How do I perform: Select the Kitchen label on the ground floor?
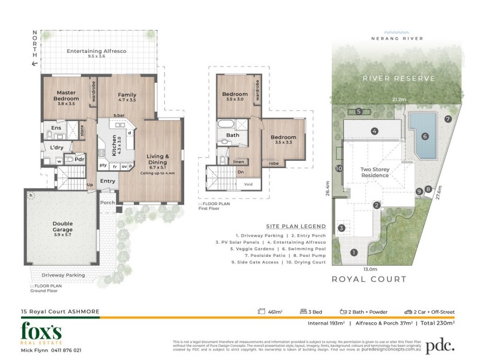pyautogui.click(x=114, y=146)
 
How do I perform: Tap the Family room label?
pyautogui.click(x=127, y=95)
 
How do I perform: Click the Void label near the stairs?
pyautogui.click(x=248, y=184)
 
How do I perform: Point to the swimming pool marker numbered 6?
pyautogui.click(x=425, y=137)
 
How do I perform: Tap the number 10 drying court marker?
pyautogui.click(x=339, y=169)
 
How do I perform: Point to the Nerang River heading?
pyautogui.click(x=398, y=38)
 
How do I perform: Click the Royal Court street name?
pyautogui.click(x=369, y=279)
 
